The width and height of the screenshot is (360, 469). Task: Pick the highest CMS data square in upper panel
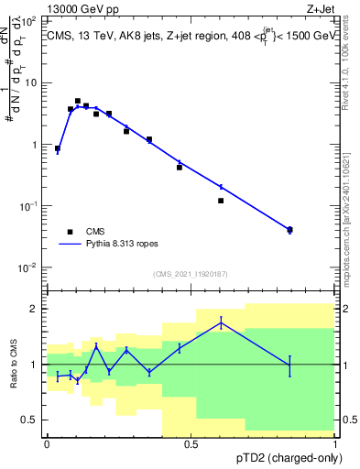click(78, 101)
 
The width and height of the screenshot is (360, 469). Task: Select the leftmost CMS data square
click(58, 148)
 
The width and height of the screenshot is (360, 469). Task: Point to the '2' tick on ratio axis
click(35, 309)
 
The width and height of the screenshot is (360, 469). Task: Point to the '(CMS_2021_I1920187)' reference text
click(191, 274)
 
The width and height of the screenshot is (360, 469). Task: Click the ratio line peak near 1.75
click(221, 322)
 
